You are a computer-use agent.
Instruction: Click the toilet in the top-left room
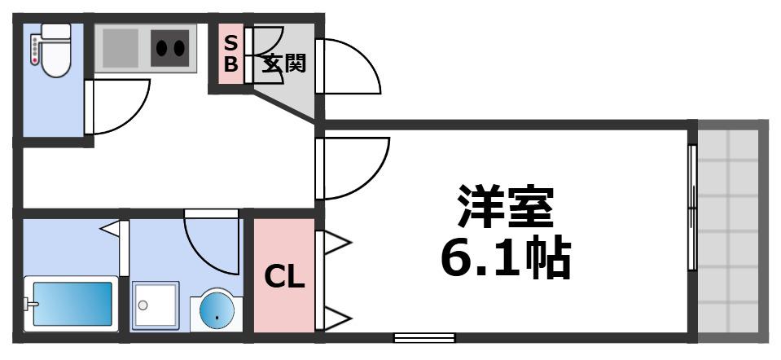55,50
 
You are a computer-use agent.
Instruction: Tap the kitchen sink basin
120,48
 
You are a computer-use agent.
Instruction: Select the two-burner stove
170,48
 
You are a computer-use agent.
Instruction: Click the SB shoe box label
230,55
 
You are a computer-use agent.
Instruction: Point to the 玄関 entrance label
284,64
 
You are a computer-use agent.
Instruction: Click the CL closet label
284,277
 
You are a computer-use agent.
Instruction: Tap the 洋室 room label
506,207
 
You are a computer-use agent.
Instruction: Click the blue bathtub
72,304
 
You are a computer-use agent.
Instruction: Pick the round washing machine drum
217,310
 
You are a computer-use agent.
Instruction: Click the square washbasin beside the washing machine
156,305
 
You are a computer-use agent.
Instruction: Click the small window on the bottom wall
424,338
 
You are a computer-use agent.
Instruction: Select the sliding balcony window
692,208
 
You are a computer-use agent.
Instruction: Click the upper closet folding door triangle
338,243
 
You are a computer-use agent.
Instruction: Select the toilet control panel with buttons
35,48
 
